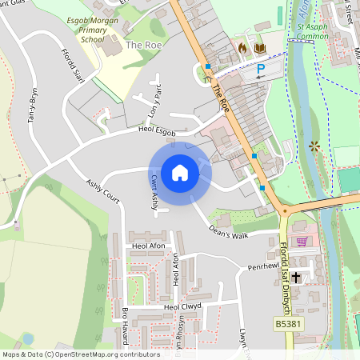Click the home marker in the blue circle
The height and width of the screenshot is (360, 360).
point(179,173)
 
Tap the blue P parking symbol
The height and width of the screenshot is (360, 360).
point(260,70)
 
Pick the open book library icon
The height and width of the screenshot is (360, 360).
point(259,48)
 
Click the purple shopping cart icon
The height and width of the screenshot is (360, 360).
point(302,241)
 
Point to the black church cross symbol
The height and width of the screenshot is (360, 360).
point(296,277)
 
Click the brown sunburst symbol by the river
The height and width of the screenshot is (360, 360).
point(314,146)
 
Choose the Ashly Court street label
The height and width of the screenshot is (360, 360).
point(103,190)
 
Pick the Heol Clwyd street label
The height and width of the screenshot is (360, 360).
point(181,306)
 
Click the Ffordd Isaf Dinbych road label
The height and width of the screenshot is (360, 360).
point(284,277)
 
